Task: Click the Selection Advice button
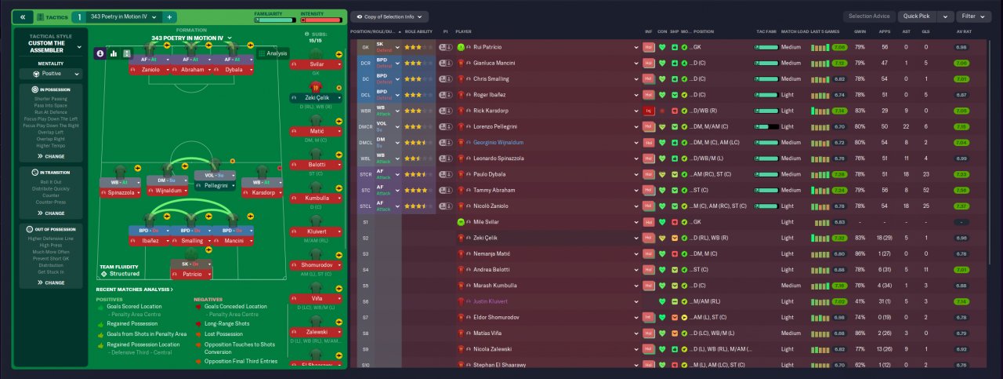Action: pyautogui.click(x=869, y=16)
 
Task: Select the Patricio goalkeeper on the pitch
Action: pyautogui.click(x=197, y=274)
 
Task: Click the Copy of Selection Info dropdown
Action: pyautogui.click(x=389, y=16)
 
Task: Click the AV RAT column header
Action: pyautogui.click(x=961, y=31)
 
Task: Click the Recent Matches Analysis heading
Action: pyautogui.click(x=134, y=290)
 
